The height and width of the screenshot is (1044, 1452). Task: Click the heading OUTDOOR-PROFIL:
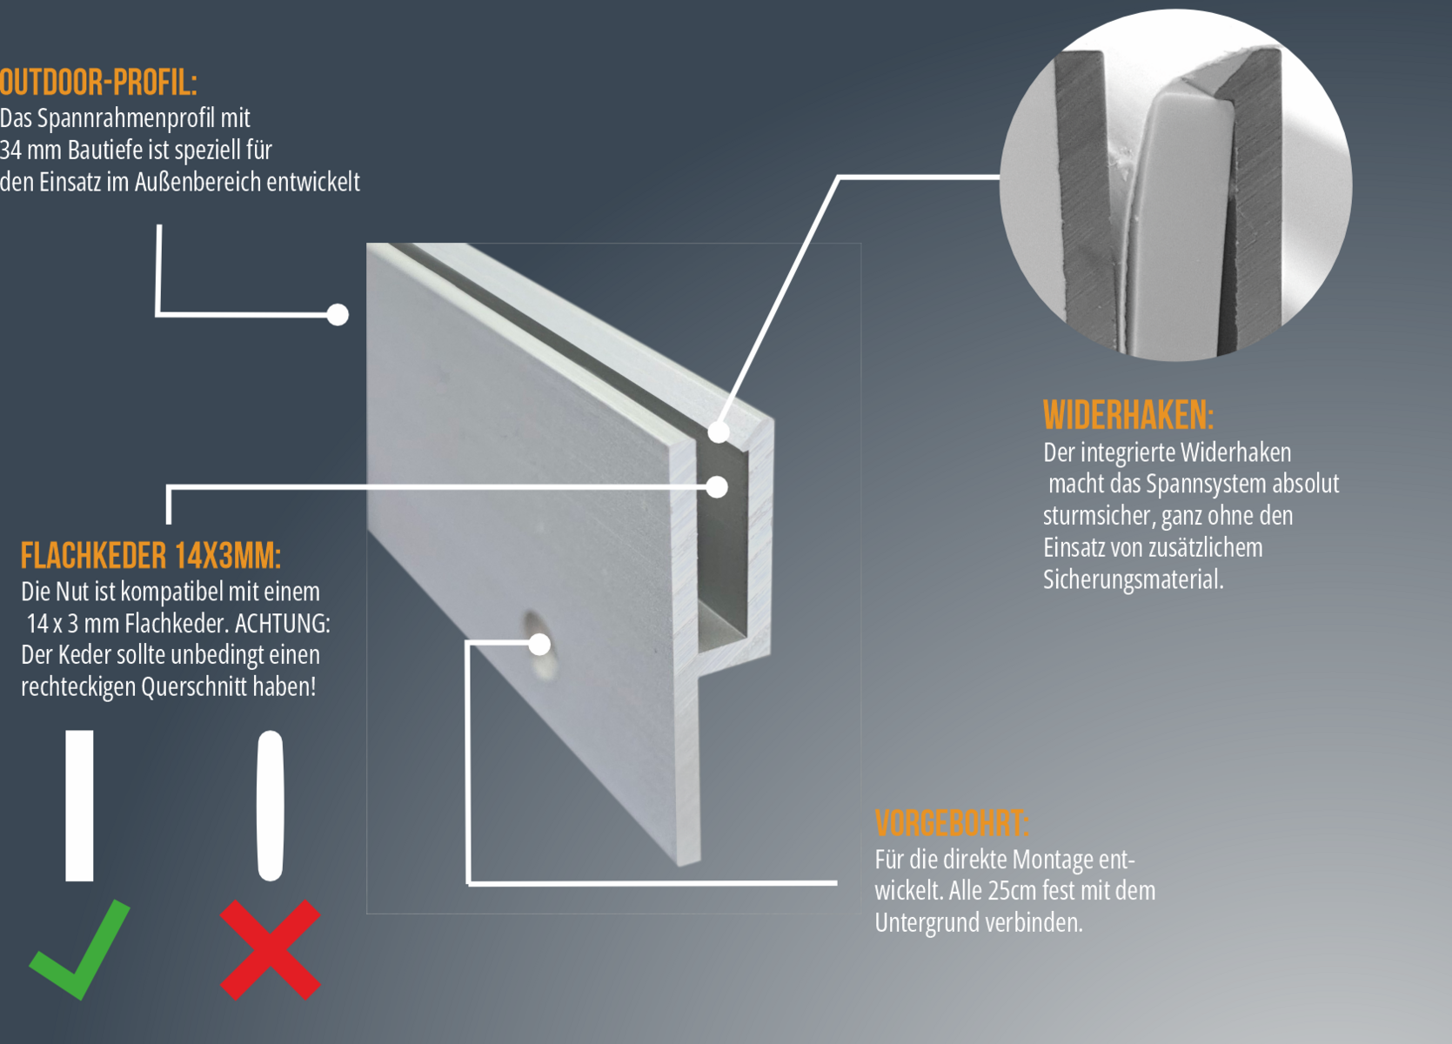pos(98,83)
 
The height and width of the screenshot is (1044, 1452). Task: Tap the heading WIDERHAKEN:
pos(1127,415)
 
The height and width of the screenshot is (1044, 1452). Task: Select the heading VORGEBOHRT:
pos(952,823)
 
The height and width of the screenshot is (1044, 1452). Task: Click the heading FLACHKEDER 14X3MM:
pos(151,556)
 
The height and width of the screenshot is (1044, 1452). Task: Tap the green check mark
pos(80,949)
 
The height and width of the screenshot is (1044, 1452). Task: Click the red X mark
pos(271,949)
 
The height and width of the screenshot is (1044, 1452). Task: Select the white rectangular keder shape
pos(80,806)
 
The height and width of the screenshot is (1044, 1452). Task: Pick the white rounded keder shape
pos(271,806)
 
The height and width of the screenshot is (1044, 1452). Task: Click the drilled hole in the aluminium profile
pos(539,645)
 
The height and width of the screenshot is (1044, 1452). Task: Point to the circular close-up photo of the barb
pos(1176,184)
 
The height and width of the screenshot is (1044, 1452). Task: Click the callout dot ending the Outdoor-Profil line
pos(337,315)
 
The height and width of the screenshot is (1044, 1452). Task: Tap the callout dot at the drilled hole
pos(539,644)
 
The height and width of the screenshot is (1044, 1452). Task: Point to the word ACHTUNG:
pos(283,624)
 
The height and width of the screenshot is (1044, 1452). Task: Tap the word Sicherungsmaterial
pos(1133,580)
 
